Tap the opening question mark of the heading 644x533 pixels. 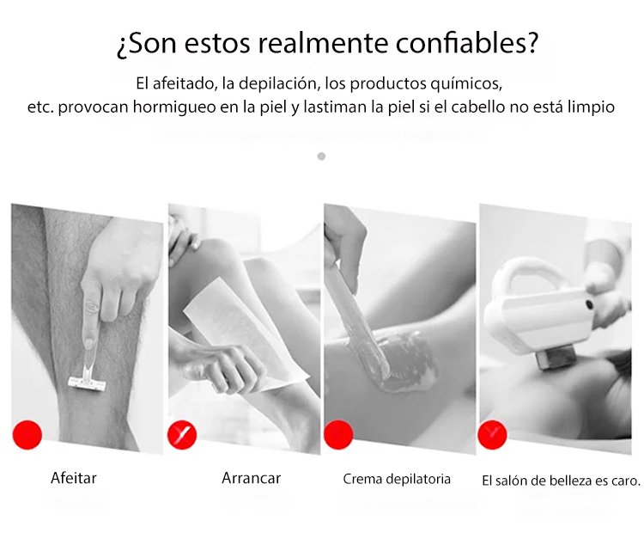point(123,46)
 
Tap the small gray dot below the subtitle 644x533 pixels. point(322,156)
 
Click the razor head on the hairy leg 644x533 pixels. point(87,383)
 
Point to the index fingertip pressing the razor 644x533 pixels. point(88,342)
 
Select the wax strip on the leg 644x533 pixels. point(246,334)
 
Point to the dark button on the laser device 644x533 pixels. point(589,304)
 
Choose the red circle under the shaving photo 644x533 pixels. point(27,435)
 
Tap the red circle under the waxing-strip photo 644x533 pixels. point(182,435)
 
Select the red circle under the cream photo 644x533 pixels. point(338,435)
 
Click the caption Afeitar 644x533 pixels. point(74,478)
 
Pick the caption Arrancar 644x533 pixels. point(252,478)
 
